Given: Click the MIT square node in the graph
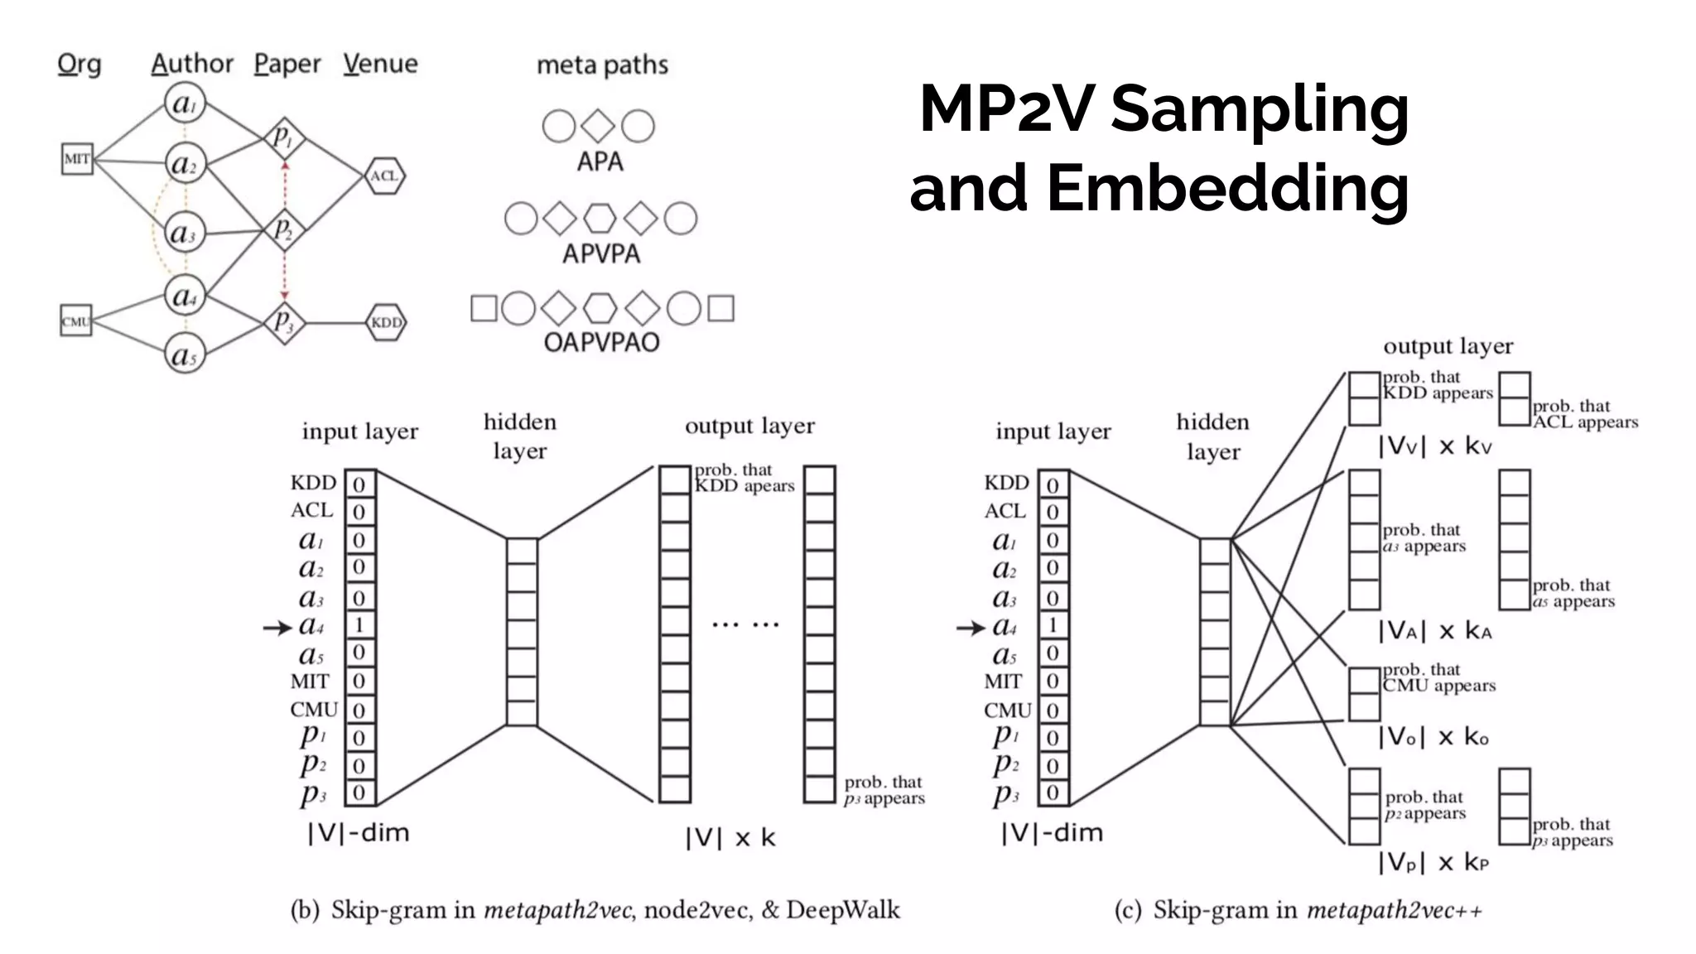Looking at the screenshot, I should pos(77,159).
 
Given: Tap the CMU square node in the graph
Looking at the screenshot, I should pos(75,321).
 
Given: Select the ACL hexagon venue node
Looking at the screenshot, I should pos(384,176).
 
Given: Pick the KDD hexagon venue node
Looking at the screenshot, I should pos(386,322).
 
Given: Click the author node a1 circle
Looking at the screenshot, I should pos(184,104).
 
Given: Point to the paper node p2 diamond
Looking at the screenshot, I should pos(284,229).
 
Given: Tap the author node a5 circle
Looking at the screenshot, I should pos(184,354).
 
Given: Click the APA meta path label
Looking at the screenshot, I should pos(600,161).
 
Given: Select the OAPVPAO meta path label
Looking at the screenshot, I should pos(601,342).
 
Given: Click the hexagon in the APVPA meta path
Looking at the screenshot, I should pos(600,219).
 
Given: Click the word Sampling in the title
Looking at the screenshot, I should pos(1259,109).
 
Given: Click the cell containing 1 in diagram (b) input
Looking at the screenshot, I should pos(359,624).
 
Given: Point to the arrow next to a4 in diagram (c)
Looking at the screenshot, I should pos(970,629).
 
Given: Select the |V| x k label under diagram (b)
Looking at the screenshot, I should pos(730,838).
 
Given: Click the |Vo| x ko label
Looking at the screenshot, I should pos(1433,737).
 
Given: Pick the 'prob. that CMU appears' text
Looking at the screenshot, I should pos(1438,677).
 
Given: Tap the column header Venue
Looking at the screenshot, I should pos(380,64).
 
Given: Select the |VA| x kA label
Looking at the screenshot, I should pos(1434,632).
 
